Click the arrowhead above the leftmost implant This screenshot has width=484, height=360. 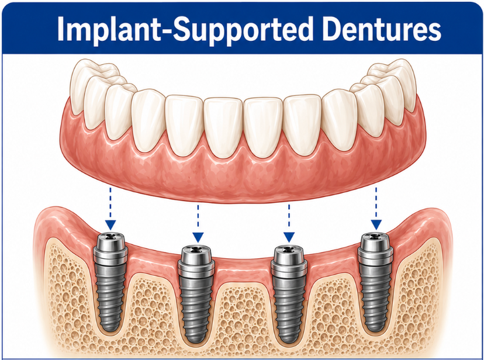[x=110, y=225]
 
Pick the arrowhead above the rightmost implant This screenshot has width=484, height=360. [x=376, y=225]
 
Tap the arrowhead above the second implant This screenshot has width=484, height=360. [x=198, y=237]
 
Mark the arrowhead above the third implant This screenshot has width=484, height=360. [x=289, y=237]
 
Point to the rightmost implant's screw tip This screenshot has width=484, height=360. [x=375, y=324]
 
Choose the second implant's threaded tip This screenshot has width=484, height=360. [x=196, y=335]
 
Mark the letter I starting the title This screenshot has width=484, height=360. [x=61, y=29]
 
